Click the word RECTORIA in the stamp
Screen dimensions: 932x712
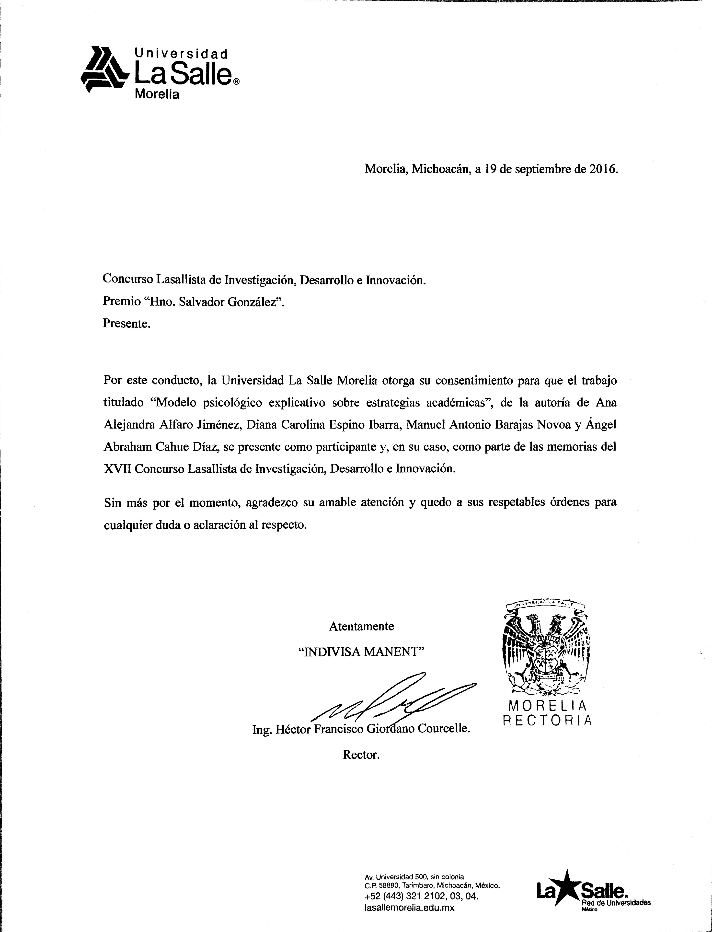coord(547,721)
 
